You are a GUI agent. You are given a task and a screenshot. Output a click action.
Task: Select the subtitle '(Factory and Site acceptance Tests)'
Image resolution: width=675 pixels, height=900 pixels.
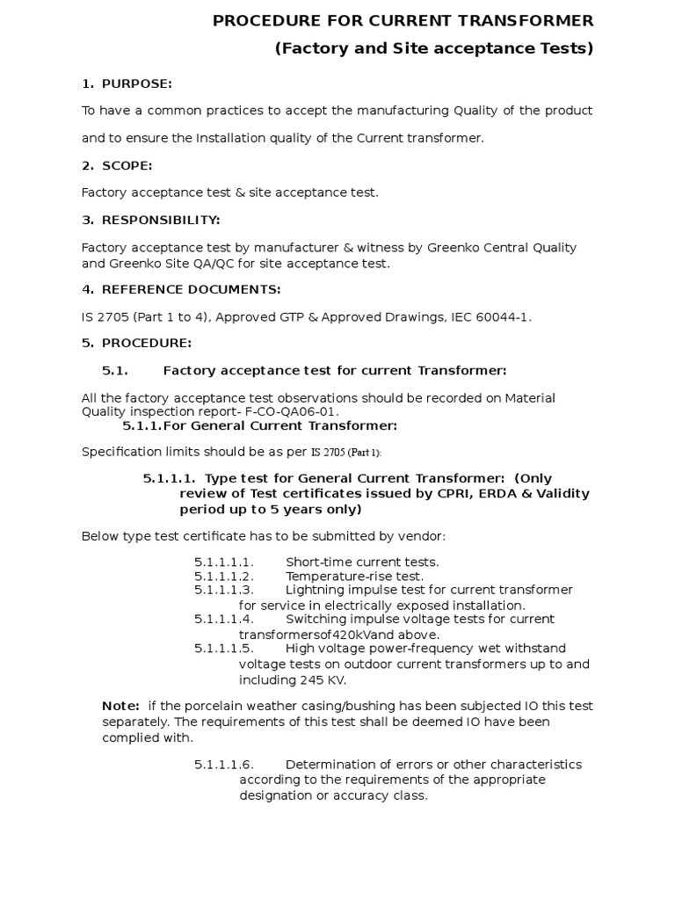pyautogui.click(x=434, y=48)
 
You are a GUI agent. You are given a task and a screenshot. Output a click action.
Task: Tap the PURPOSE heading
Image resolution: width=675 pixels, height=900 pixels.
pyautogui.click(x=137, y=83)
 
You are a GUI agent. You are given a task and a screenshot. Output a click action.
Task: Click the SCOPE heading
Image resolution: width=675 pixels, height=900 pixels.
pyautogui.click(x=127, y=165)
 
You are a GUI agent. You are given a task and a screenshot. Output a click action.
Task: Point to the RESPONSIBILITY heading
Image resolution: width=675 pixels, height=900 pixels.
pyautogui.click(x=161, y=219)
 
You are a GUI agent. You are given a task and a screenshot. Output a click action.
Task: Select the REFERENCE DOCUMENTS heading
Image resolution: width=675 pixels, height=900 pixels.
pyautogui.click(x=192, y=289)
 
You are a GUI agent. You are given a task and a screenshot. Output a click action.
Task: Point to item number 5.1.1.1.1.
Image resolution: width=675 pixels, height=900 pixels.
pyautogui.click(x=224, y=562)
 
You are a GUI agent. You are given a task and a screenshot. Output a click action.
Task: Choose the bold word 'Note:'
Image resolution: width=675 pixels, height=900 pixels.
pyautogui.click(x=120, y=706)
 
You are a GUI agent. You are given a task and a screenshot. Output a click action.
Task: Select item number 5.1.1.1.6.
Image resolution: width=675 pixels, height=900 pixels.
pyautogui.click(x=224, y=764)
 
